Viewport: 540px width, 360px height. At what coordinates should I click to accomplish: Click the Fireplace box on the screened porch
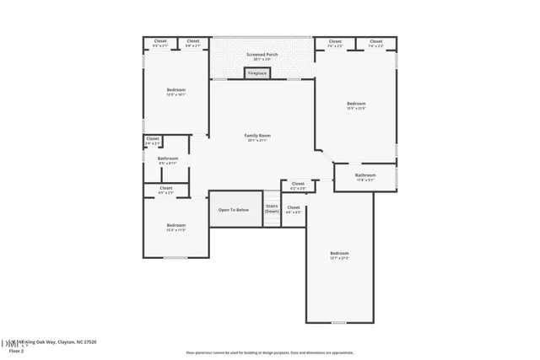point(257,73)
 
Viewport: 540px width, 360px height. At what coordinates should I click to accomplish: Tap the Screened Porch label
point(262,55)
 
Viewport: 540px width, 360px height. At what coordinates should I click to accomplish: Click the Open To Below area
point(234,209)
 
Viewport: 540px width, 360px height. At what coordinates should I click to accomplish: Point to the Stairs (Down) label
point(272,208)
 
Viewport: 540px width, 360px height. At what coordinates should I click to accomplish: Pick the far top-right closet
point(376,42)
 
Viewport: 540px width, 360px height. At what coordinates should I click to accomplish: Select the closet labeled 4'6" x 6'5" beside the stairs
point(294,208)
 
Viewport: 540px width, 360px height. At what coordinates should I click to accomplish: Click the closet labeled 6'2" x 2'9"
point(298,185)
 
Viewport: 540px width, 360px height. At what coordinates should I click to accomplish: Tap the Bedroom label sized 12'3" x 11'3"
point(175,226)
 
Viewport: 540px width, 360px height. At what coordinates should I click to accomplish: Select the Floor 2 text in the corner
point(16,349)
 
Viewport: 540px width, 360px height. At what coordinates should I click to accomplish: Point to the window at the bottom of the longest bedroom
point(339,322)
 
